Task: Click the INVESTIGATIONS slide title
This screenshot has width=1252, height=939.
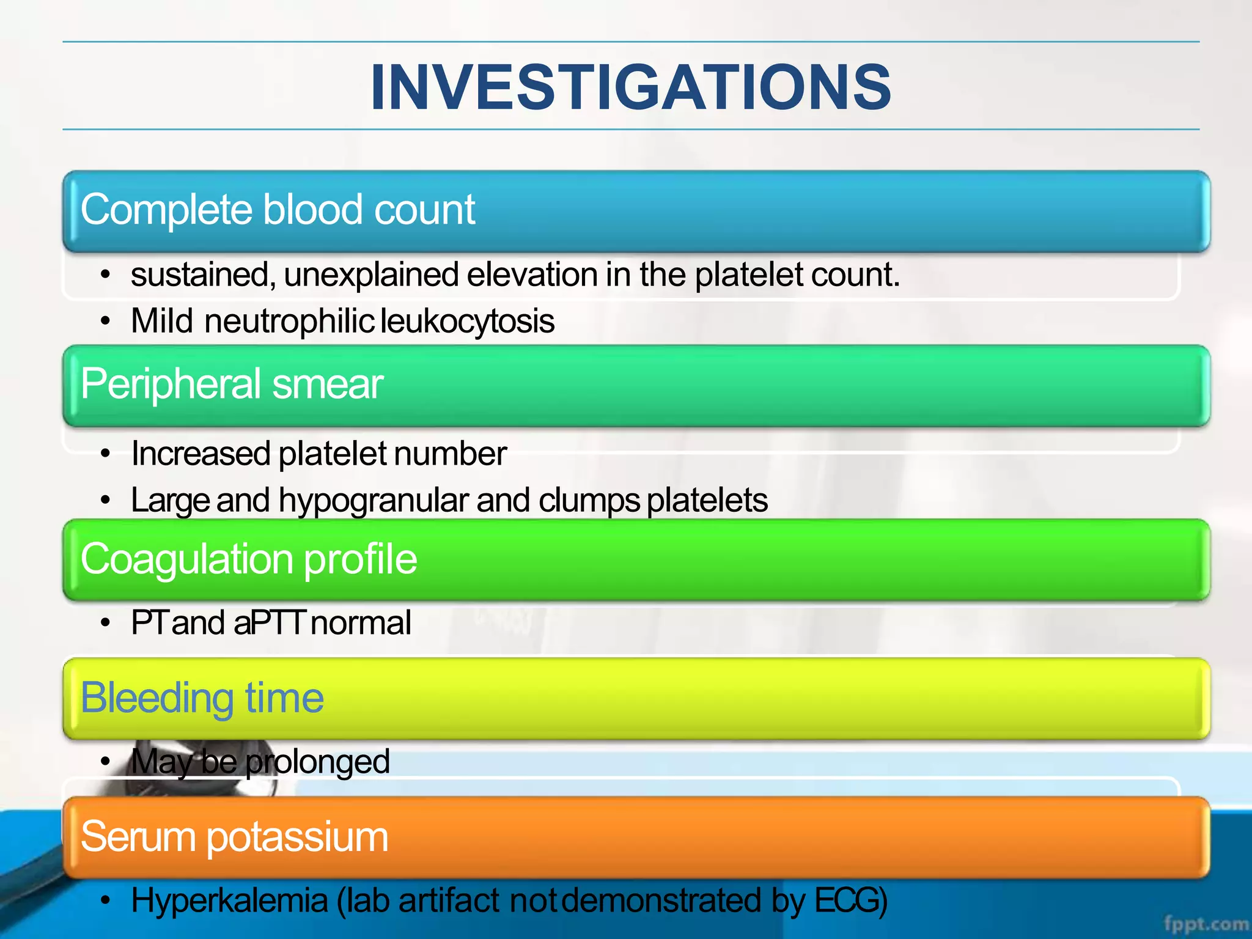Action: (631, 87)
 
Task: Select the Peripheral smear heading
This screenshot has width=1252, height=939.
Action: (232, 384)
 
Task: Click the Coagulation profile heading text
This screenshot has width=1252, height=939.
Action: (249, 559)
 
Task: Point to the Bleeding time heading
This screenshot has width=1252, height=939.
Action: (202, 698)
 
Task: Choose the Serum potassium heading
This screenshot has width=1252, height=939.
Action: (234, 836)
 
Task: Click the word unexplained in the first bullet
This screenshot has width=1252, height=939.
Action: (372, 274)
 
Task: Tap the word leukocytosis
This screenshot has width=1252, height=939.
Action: (468, 322)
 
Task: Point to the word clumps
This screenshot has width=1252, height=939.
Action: (589, 501)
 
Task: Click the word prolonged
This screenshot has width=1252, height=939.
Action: (317, 762)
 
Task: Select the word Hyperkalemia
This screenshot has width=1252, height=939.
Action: (230, 900)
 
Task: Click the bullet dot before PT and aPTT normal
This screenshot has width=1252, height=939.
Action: (106, 624)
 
